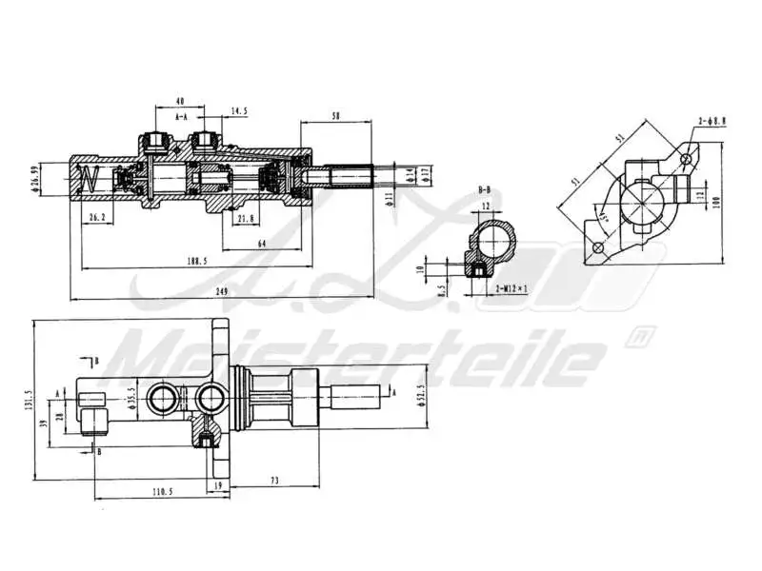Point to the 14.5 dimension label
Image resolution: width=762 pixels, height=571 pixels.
(238, 111)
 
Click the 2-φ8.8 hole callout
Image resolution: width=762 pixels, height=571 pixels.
(712, 122)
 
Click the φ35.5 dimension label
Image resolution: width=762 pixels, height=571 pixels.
(131, 395)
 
